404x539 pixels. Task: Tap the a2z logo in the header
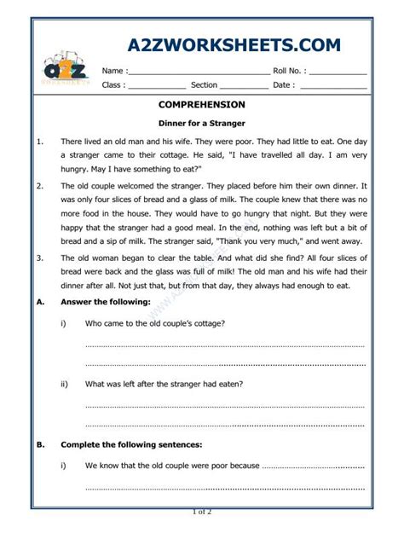pos(65,70)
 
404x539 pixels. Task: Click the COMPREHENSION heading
pos(201,106)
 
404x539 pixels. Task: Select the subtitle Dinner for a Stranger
pos(202,124)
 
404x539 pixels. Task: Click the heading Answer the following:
pos(105,302)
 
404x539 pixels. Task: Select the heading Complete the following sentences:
pos(131,444)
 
